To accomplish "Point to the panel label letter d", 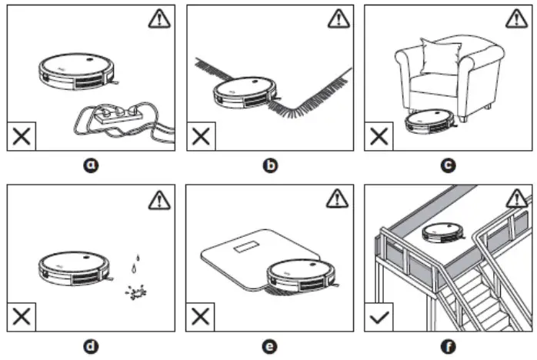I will click(x=92, y=347).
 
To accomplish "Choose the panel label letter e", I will click(x=269, y=347).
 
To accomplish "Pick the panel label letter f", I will click(x=448, y=347).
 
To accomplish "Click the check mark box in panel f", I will click(x=379, y=317).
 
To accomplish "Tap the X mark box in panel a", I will click(x=22, y=136).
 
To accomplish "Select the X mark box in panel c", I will click(x=379, y=136).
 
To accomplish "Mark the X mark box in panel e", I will click(x=200, y=317).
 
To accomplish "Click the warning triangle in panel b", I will click(x=337, y=21).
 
